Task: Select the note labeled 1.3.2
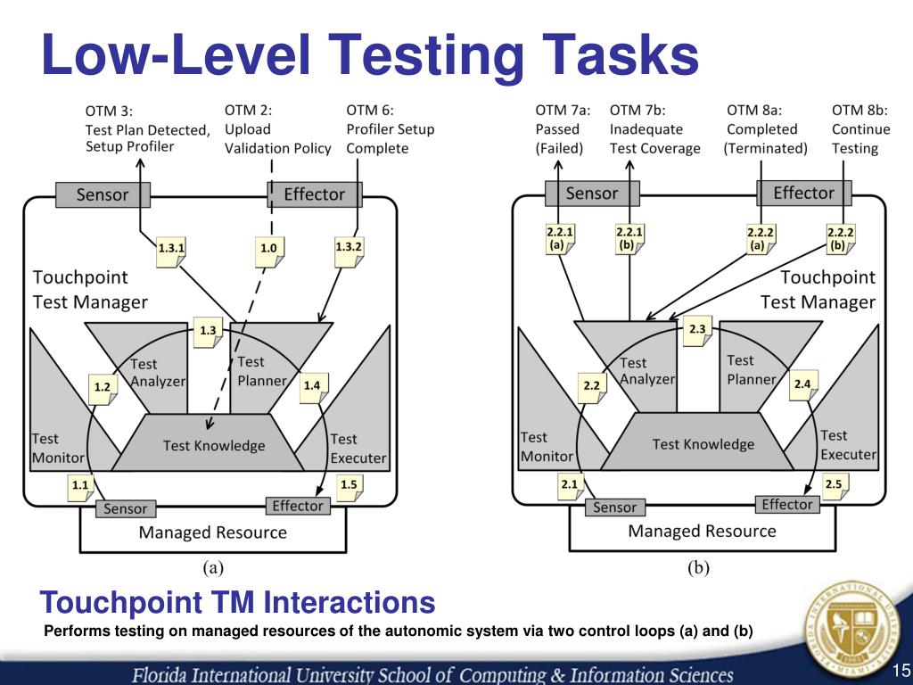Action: (x=350, y=247)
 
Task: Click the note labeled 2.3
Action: (x=698, y=331)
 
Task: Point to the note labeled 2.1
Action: (x=569, y=484)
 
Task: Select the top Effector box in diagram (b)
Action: (x=803, y=193)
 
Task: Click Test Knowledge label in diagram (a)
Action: (x=214, y=445)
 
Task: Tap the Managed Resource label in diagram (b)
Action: (x=702, y=532)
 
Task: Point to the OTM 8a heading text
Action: (x=754, y=111)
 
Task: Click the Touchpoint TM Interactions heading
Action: (x=238, y=604)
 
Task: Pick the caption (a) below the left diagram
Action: (x=211, y=565)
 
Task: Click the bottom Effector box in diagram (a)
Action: (x=298, y=506)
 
